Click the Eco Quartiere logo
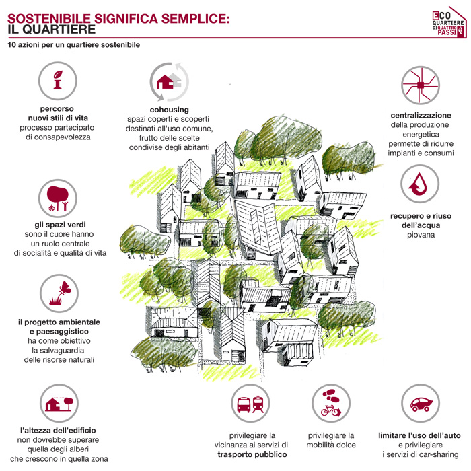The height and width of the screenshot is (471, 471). coord(447,24)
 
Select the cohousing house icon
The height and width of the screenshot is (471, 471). coord(169,81)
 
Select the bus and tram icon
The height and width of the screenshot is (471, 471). coord(250,405)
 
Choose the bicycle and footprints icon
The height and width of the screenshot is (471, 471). coord(331,402)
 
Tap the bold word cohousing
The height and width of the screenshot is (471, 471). coord(169,110)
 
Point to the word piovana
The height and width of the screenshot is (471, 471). coord(420,235)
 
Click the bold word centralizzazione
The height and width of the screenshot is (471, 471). coord(421,115)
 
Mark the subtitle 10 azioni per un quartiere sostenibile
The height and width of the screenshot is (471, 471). coord(74,46)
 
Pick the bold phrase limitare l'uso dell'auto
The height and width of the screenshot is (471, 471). coord(420,435)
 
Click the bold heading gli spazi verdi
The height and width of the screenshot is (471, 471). coord(60,224)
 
